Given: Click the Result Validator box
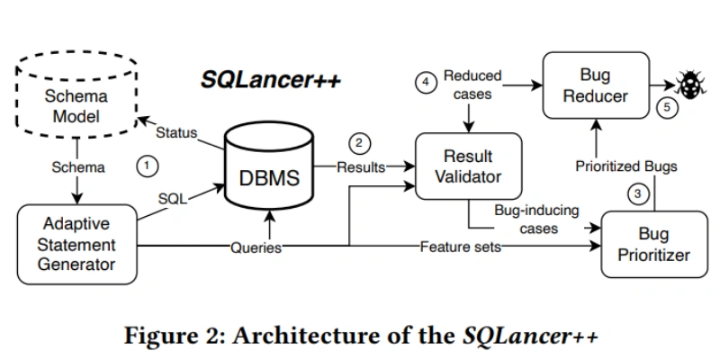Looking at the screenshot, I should coord(467,166).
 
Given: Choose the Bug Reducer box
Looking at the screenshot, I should coord(594,85).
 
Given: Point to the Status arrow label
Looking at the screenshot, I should coord(176,133).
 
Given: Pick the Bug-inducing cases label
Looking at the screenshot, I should coord(536,220).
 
